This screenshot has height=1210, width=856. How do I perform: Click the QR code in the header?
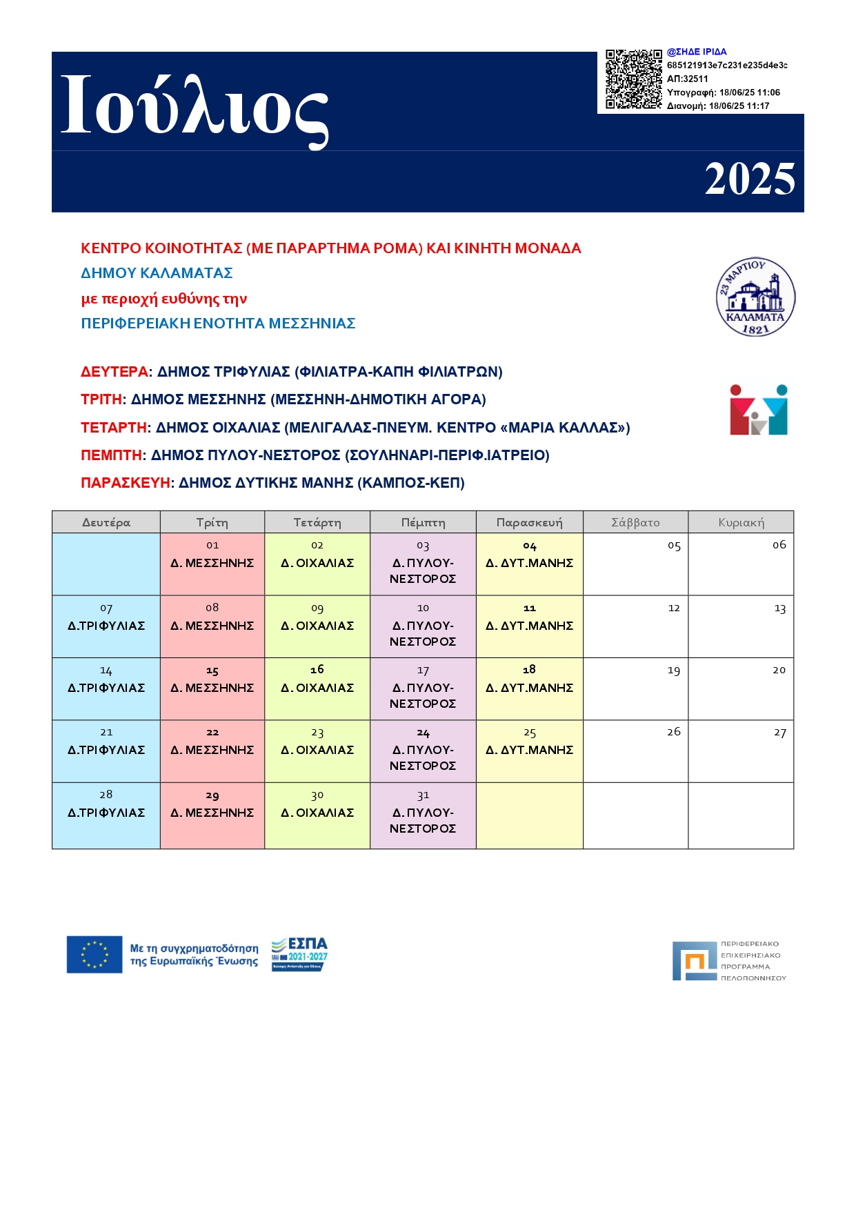pos(633,79)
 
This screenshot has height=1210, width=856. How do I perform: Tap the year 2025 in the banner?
pos(749,179)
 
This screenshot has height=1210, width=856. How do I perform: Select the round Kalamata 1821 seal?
pos(755,297)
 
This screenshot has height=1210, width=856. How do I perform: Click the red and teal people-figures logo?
pos(758,410)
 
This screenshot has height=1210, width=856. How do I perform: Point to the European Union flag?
pos(94,955)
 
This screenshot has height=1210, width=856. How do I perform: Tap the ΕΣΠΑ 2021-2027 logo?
pos(299,954)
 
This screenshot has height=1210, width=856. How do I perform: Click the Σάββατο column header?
pos(635,522)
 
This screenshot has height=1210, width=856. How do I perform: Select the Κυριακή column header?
pos(741,522)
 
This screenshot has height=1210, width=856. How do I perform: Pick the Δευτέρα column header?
pos(106,522)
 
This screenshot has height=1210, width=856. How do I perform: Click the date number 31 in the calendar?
pos(423,795)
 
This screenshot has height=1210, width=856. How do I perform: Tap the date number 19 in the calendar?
pos(673,671)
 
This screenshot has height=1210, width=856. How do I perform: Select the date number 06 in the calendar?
pos(779,545)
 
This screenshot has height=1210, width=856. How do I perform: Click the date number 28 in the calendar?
pos(106,795)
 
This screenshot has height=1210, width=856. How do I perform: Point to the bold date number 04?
pos(529,546)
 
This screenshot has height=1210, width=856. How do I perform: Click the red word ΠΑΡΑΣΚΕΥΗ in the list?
pos(126,483)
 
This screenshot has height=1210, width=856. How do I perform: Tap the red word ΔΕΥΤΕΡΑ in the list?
pos(115,372)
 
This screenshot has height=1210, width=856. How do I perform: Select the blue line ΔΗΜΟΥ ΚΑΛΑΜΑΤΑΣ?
pos(157,273)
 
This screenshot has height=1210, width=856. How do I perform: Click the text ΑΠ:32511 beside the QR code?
pos(687,79)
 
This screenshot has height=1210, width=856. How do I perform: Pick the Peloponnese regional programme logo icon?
pos(695,960)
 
